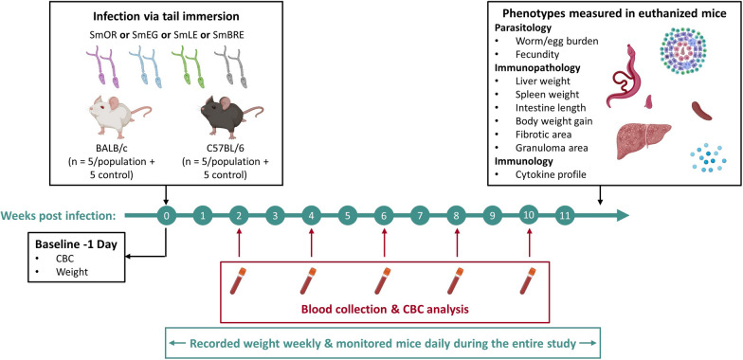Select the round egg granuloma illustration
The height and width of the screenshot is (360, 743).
click(x=685, y=63)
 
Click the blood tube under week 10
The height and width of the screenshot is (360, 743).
click(x=529, y=282)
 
